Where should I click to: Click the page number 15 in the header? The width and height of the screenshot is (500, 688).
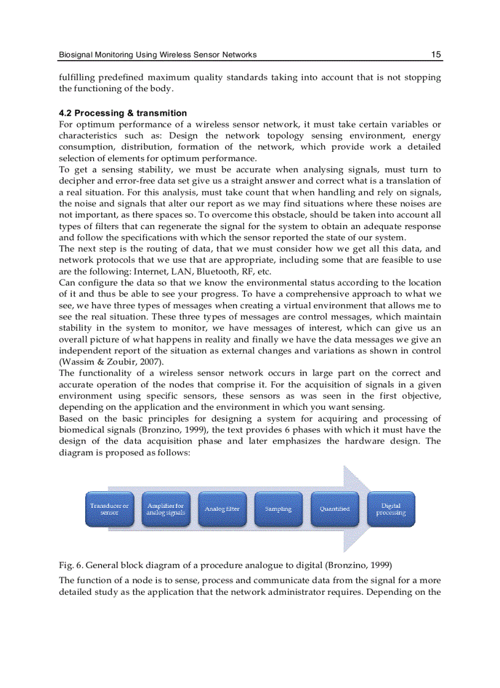pyautogui.click(x=436, y=55)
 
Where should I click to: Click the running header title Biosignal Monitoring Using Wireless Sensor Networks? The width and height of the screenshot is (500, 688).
pyautogui.click(x=157, y=55)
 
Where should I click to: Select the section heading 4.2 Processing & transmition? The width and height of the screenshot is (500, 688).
pyautogui.click(x=123, y=113)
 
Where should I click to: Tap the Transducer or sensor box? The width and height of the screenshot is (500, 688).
pyautogui.click(x=110, y=509)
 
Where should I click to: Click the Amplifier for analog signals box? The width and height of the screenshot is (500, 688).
pyautogui.click(x=166, y=509)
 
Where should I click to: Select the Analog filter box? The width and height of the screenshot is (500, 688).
pyautogui.click(x=222, y=509)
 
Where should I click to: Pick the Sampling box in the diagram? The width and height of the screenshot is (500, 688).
pyautogui.click(x=278, y=509)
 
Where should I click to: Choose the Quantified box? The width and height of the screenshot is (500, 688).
pyautogui.click(x=335, y=509)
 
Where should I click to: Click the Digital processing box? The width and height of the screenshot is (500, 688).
pyautogui.click(x=391, y=509)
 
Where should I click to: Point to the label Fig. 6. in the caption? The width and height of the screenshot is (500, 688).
pyautogui.click(x=69, y=564)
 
